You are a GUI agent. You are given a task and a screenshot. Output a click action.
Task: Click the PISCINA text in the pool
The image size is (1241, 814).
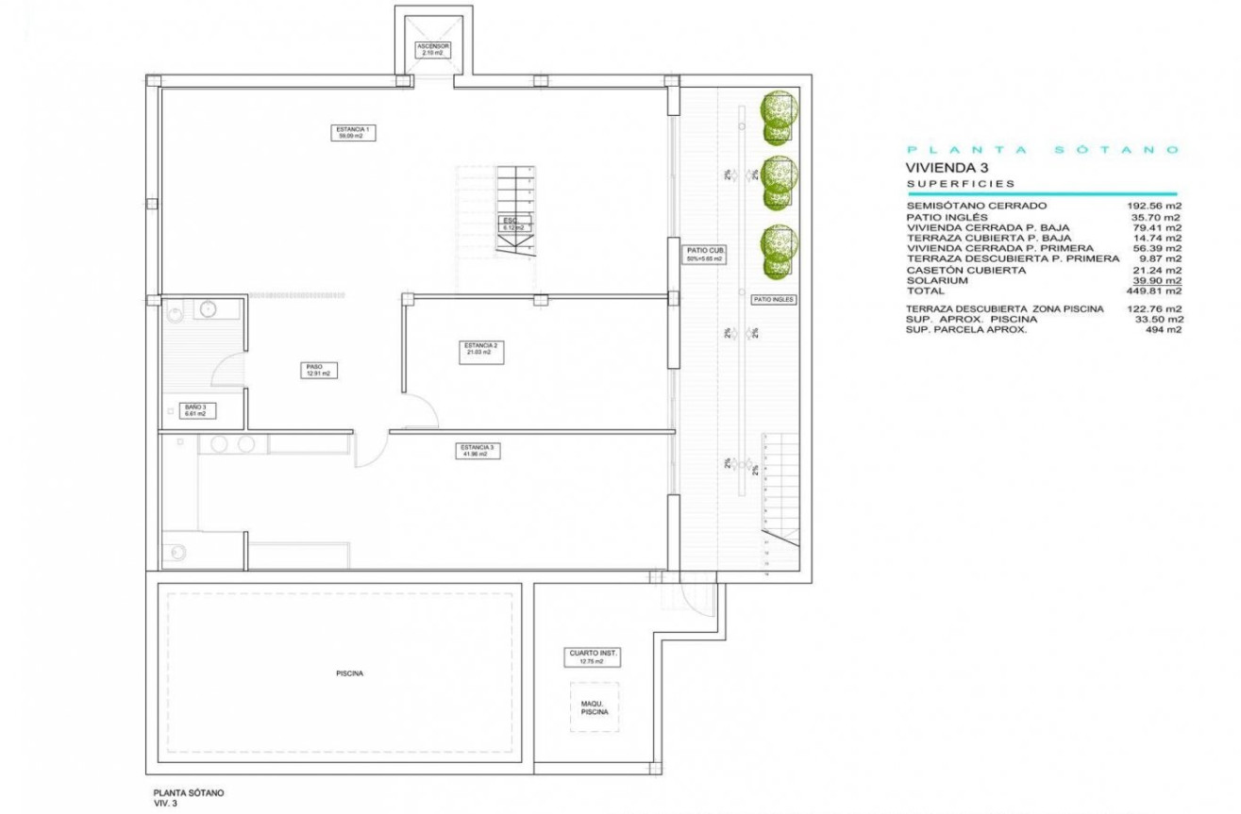tap(349, 673)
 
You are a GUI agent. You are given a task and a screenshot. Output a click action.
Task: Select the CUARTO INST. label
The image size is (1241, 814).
tap(594, 656)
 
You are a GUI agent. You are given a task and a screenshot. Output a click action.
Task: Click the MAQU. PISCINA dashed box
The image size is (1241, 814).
tap(595, 706)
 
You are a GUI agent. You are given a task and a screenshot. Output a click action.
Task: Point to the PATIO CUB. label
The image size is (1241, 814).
tap(704, 254)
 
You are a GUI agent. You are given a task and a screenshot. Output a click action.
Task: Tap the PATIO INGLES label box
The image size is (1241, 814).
tap(774, 299)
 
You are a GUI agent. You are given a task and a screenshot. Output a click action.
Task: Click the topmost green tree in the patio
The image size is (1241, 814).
tap(779, 111)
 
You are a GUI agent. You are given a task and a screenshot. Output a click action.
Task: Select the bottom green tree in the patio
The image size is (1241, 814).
tap(780, 250)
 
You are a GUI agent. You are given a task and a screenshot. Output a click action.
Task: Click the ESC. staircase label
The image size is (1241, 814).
tap(513, 224)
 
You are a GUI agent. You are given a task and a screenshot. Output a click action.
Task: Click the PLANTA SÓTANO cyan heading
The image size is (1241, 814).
tap(1042, 149)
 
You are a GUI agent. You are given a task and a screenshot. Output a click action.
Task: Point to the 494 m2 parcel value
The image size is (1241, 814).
tap(1164, 330)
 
